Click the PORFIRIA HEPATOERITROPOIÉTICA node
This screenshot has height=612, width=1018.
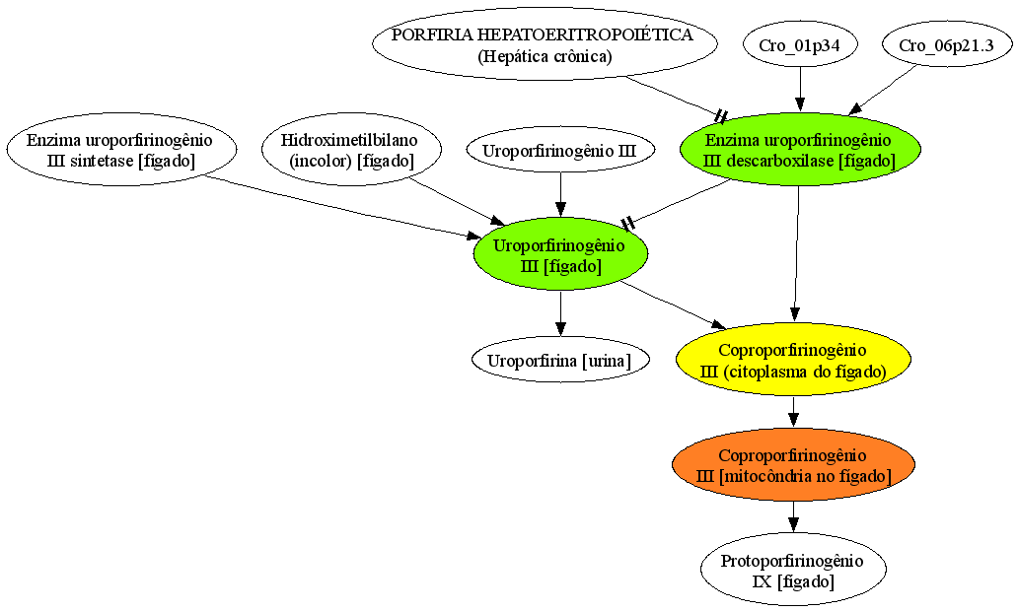545,44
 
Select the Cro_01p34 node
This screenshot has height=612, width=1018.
800,44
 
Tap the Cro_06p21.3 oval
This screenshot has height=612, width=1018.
947,44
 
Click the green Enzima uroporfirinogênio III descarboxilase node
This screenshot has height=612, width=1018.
800,150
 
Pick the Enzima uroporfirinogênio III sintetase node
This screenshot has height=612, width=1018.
120,150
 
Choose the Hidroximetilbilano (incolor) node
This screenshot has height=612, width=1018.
351,150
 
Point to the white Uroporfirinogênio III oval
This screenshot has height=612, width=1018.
560,151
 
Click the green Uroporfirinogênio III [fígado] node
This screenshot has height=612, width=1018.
560,255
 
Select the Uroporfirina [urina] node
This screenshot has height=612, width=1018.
560,360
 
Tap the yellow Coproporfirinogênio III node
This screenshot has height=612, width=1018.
793,360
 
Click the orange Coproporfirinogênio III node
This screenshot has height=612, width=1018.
793,465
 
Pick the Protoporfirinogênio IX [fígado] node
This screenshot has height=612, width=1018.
793,570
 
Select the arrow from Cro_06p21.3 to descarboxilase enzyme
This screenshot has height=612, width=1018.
882,90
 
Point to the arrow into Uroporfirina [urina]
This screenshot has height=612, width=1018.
560,313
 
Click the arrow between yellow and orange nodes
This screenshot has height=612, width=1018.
793,412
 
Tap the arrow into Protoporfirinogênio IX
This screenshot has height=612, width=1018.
793,516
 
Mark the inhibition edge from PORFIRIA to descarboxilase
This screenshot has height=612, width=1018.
675,98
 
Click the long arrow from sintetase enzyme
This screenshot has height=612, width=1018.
342,206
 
